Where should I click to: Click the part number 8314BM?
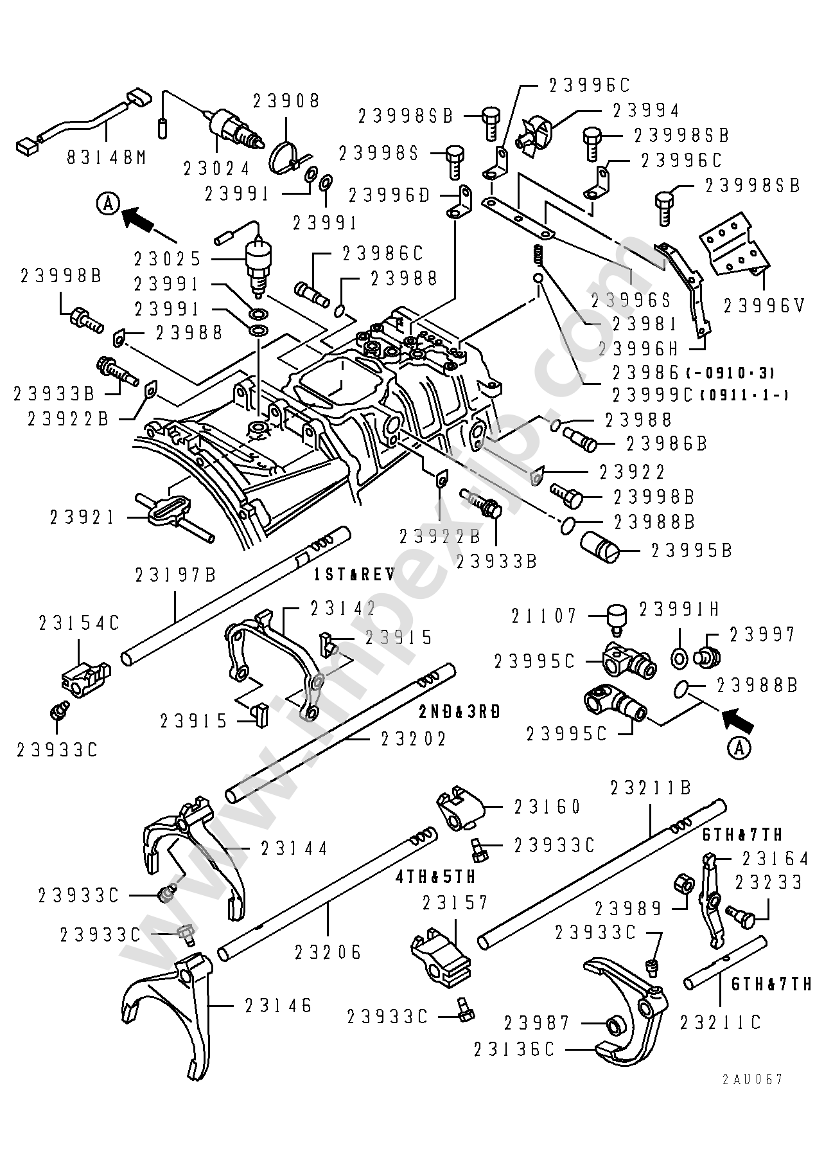point(106,156)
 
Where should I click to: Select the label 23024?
point(216,168)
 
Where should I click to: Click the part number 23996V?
point(764,306)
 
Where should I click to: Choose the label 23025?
point(168,259)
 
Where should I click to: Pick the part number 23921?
point(82,517)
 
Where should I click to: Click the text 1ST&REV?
point(354,575)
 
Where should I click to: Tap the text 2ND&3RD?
point(459,711)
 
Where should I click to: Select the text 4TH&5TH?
point(436,876)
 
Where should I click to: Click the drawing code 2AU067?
point(751,1079)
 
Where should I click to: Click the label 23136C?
point(514,1049)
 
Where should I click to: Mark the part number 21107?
point(545,616)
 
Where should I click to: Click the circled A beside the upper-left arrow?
point(108,204)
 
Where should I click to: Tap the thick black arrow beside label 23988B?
point(737,718)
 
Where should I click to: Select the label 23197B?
point(175,575)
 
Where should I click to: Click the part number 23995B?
point(692,551)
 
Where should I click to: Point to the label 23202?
point(414,739)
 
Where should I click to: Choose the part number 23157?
point(456,903)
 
